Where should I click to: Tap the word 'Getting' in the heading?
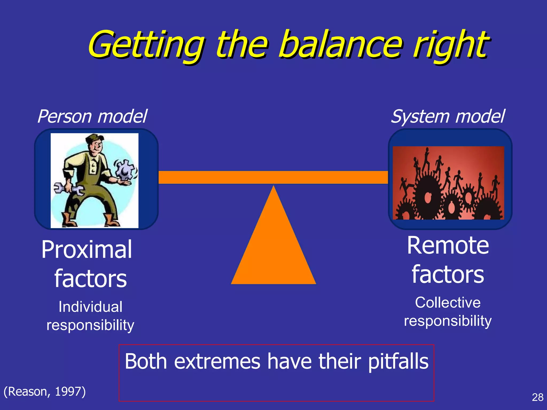click(x=146, y=45)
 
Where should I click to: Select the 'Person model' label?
click(x=92, y=117)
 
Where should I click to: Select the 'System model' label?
click(x=448, y=117)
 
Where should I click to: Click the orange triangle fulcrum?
click(x=273, y=248)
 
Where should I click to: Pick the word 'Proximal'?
click(x=87, y=250)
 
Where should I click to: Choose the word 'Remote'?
click(x=448, y=246)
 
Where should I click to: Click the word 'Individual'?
click(x=90, y=307)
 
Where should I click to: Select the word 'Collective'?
click(x=448, y=303)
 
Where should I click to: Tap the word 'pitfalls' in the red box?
click(x=398, y=362)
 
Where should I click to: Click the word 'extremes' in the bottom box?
click(x=217, y=362)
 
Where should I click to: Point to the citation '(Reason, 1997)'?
click(x=45, y=392)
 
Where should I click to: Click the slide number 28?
click(x=537, y=397)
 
